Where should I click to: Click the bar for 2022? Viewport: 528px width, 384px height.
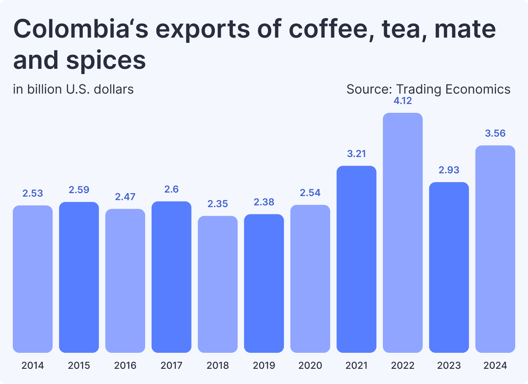coord(402,233)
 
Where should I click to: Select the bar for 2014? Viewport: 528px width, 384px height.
coord(33,279)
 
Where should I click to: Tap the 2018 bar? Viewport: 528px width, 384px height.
coord(218,284)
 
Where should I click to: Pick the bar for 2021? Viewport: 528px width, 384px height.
coord(356,259)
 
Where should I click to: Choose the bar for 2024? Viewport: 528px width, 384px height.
coord(495,249)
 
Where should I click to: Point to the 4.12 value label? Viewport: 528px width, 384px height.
coord(402,101)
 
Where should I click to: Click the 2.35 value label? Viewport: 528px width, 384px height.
coord(218,204)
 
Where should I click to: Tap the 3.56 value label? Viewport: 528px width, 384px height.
coord(495,133)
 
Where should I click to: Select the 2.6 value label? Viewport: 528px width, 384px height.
coord(171,189)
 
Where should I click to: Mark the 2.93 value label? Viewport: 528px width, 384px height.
coord(449,170)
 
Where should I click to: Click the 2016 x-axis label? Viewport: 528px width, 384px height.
coord(125,365)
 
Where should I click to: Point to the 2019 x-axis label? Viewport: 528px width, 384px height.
coord(264,365)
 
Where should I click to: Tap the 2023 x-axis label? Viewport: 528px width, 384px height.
coord(449,365)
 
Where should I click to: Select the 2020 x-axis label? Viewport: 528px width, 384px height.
coord(310,365)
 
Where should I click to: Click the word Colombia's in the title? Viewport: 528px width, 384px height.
coord(81,29)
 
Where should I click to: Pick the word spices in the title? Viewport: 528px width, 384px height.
coord(106,60)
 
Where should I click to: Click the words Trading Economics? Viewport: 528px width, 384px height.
coord(453,89)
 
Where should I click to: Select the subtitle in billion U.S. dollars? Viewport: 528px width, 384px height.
coord(73,89)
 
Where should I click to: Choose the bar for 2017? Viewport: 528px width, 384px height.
coord(171,277)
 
